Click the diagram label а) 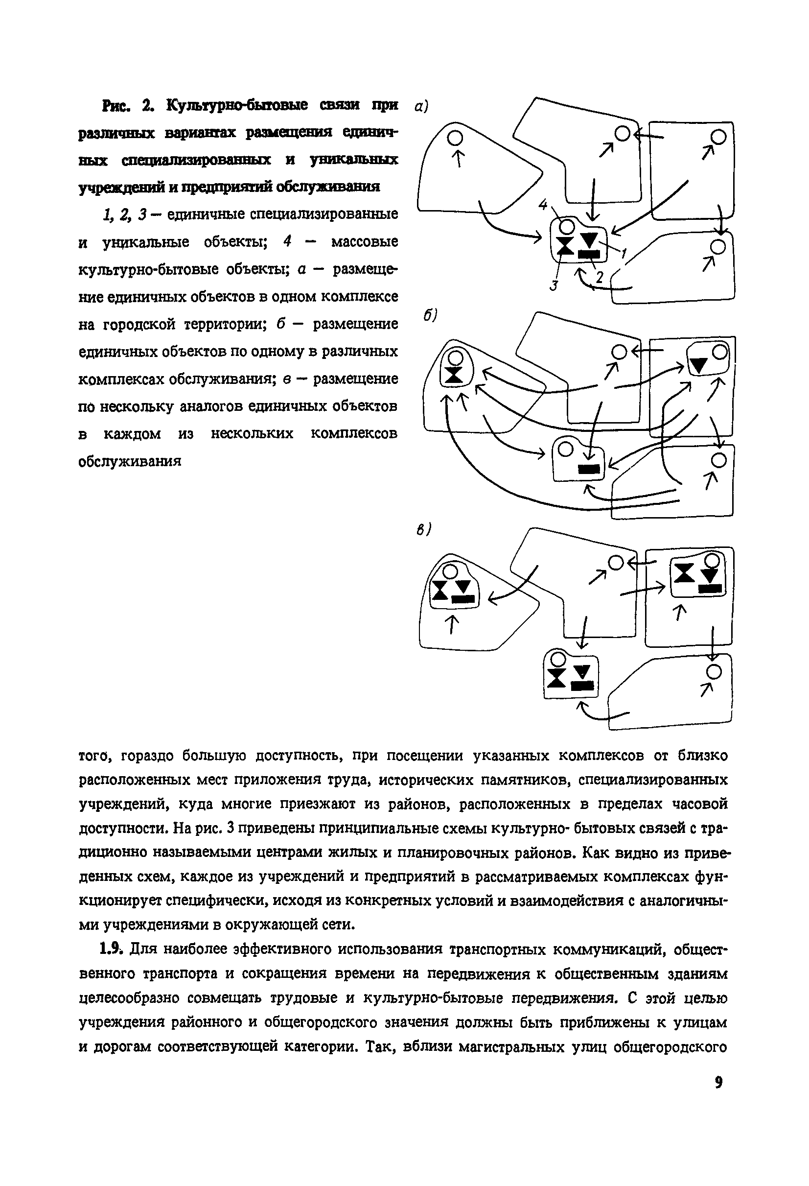pyautogui.click(x=421, y=106)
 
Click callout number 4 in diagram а pyautogui.click(x=543, y=205)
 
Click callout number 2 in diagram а pyautogui.click(x=600, y=278)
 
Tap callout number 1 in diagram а pyautogui.click(x=623, y=252)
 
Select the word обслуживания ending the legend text pyautogui.click(x=130, y=461)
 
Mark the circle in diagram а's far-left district pyautogui.click(x=455, y=137)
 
